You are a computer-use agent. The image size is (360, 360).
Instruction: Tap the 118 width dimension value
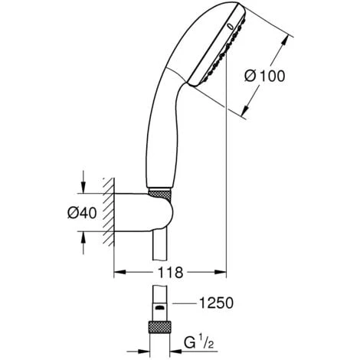(x=171, y=271)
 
